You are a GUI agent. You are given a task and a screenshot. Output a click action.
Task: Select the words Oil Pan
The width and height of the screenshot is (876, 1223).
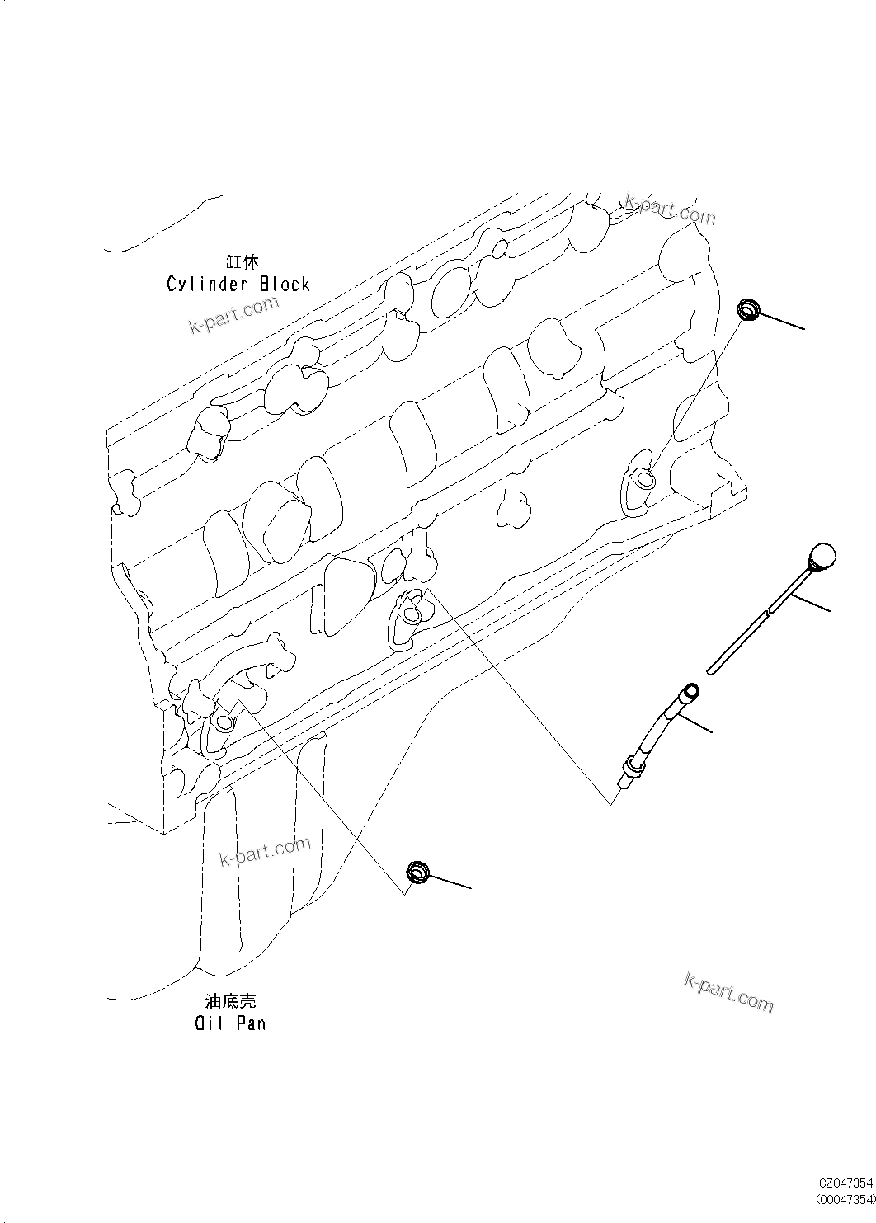(230, 1023)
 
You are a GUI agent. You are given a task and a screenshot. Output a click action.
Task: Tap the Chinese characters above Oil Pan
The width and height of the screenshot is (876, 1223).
(230, 1001)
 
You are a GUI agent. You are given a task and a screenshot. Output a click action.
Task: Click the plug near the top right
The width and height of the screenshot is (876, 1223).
(747, 310)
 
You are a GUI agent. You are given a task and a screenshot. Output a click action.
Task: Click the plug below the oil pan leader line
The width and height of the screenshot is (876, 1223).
(418, 872)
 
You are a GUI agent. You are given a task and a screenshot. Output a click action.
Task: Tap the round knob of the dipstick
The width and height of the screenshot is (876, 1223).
(822, 556)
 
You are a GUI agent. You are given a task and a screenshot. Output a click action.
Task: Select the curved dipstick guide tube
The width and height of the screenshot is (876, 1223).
(660, 726)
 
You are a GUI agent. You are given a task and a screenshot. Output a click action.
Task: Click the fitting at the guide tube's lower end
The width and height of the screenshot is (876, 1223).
(629, 769)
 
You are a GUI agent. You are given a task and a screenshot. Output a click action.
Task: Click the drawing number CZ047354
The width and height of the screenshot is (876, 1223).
(845, 1183)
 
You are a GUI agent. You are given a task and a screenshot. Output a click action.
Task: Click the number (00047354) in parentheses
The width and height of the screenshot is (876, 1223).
(844, 1198)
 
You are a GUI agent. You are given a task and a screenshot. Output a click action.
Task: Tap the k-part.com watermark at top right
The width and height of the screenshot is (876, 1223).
(670, 209)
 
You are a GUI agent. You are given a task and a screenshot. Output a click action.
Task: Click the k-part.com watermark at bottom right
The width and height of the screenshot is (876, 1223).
(729, 990)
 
